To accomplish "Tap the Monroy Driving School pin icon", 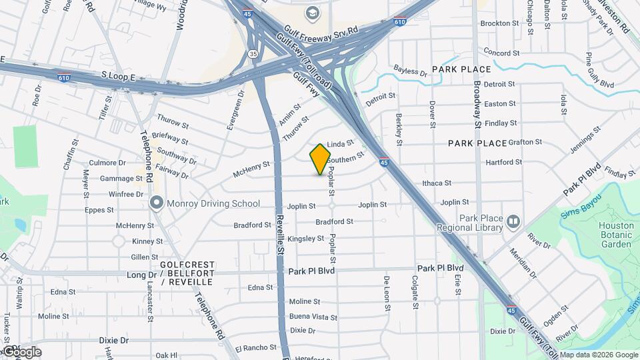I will pyautogui.click(x=157, y=203).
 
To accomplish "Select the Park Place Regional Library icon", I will pyautogui.click(x=513, y=221).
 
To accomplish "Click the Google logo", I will pyautogui.click(x=21, y=351).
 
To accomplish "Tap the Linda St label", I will pyautogui.click(x=340, y=143).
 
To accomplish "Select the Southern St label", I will pyautogui.click(x=345, y=159).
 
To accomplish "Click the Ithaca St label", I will pyautogui.click(x=437, y=183).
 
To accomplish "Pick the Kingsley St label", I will pyautogui.click(x=306, y=238).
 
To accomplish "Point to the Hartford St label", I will pyautogui.click(x=503, y=162).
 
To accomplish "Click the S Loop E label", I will pyautogui.click(x=118, y=77).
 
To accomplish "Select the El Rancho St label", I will pyautogui.click(x=255, y=347).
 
